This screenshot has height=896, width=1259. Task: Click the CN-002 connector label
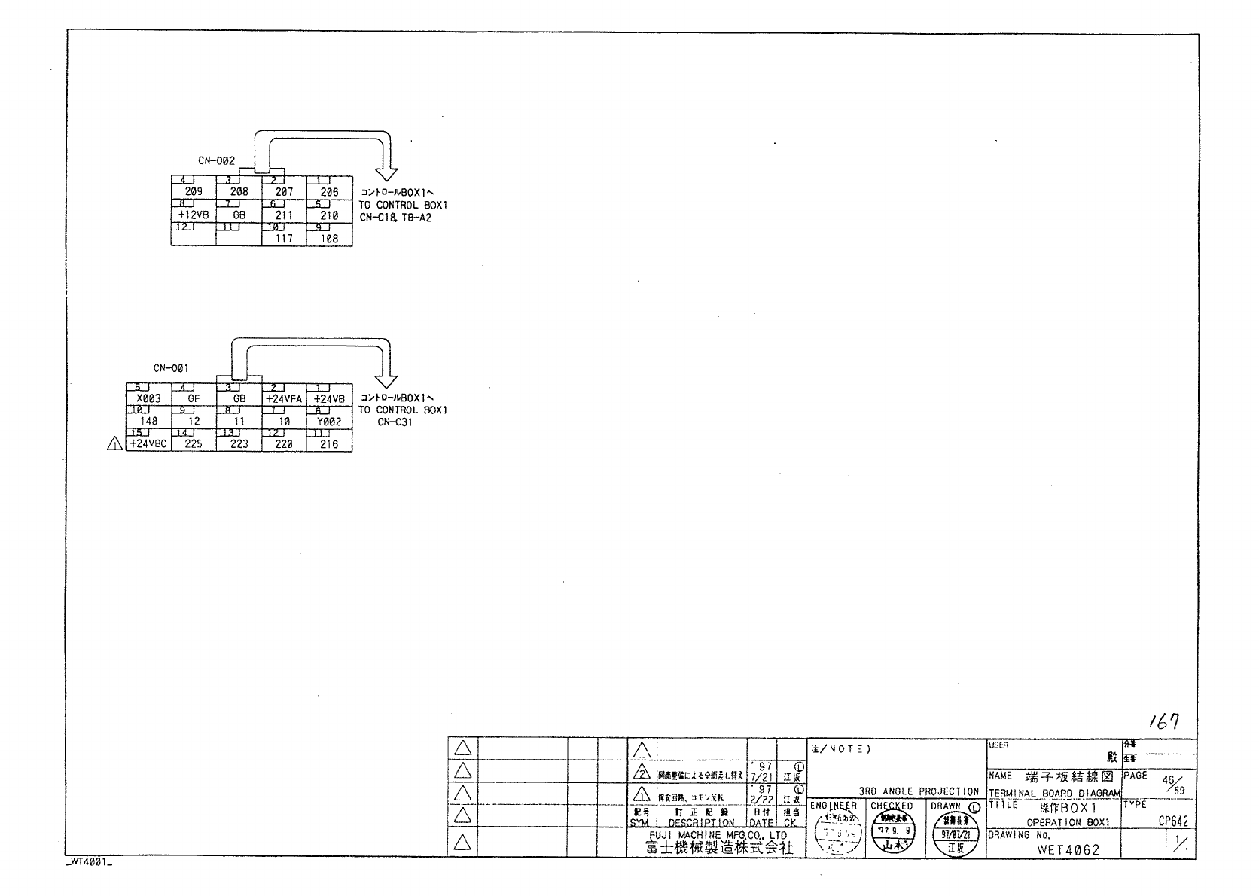216,160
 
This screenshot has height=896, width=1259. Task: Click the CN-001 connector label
171,368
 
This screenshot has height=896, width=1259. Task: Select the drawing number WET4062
1068,849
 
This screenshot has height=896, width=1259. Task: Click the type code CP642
1173,822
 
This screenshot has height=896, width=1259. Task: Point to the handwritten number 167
1163,721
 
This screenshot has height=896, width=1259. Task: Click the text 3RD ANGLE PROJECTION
919,791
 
